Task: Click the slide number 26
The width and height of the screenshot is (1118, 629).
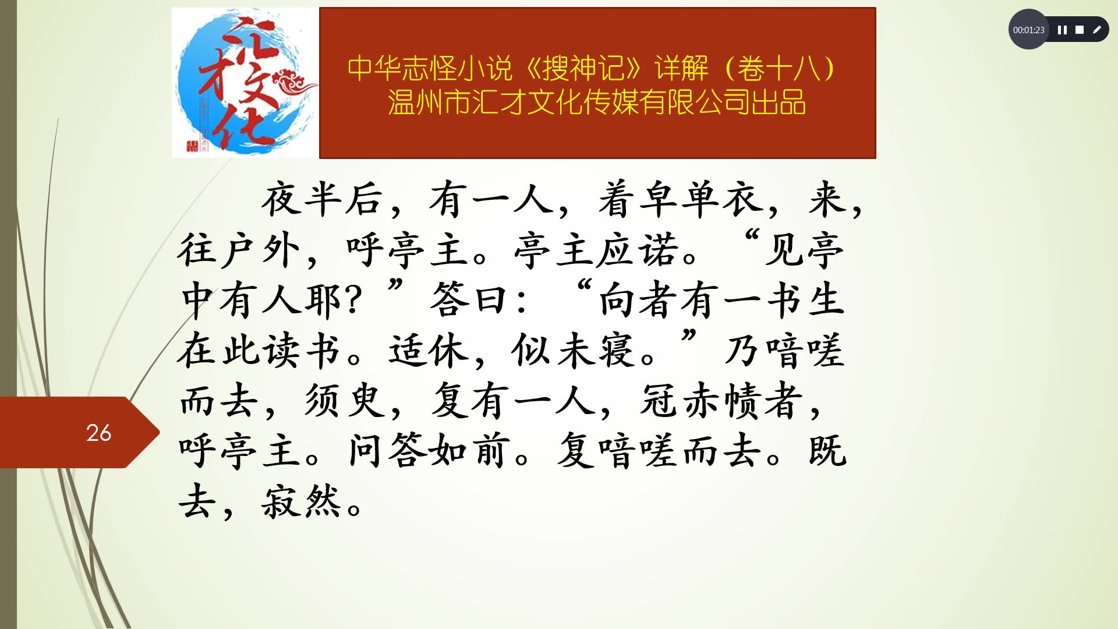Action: coord(98,433)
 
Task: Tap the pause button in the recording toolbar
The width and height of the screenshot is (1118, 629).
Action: coord(1062,30)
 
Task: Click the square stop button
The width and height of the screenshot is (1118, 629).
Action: coord(1080,30)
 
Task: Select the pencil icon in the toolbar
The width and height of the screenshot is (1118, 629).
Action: coord(1097,30)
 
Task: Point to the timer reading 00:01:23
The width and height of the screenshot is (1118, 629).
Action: coord(1028,30)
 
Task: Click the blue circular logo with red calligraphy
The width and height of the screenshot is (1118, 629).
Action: coord(245,83)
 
